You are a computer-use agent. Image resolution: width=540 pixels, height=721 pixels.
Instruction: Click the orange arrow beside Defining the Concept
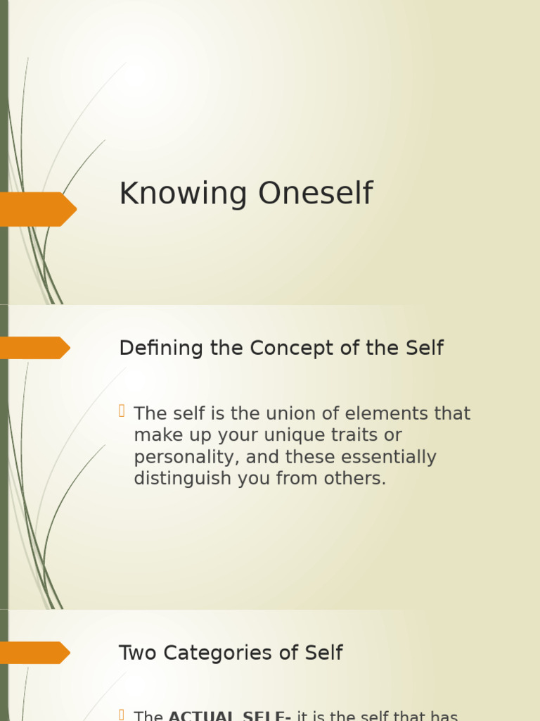click(x=34, y=348)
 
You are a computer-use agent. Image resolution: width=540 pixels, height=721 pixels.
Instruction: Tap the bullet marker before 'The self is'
click(x=122, y=411)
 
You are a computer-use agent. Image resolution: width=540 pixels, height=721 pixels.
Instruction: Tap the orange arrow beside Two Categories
click(x=34, y=653)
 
